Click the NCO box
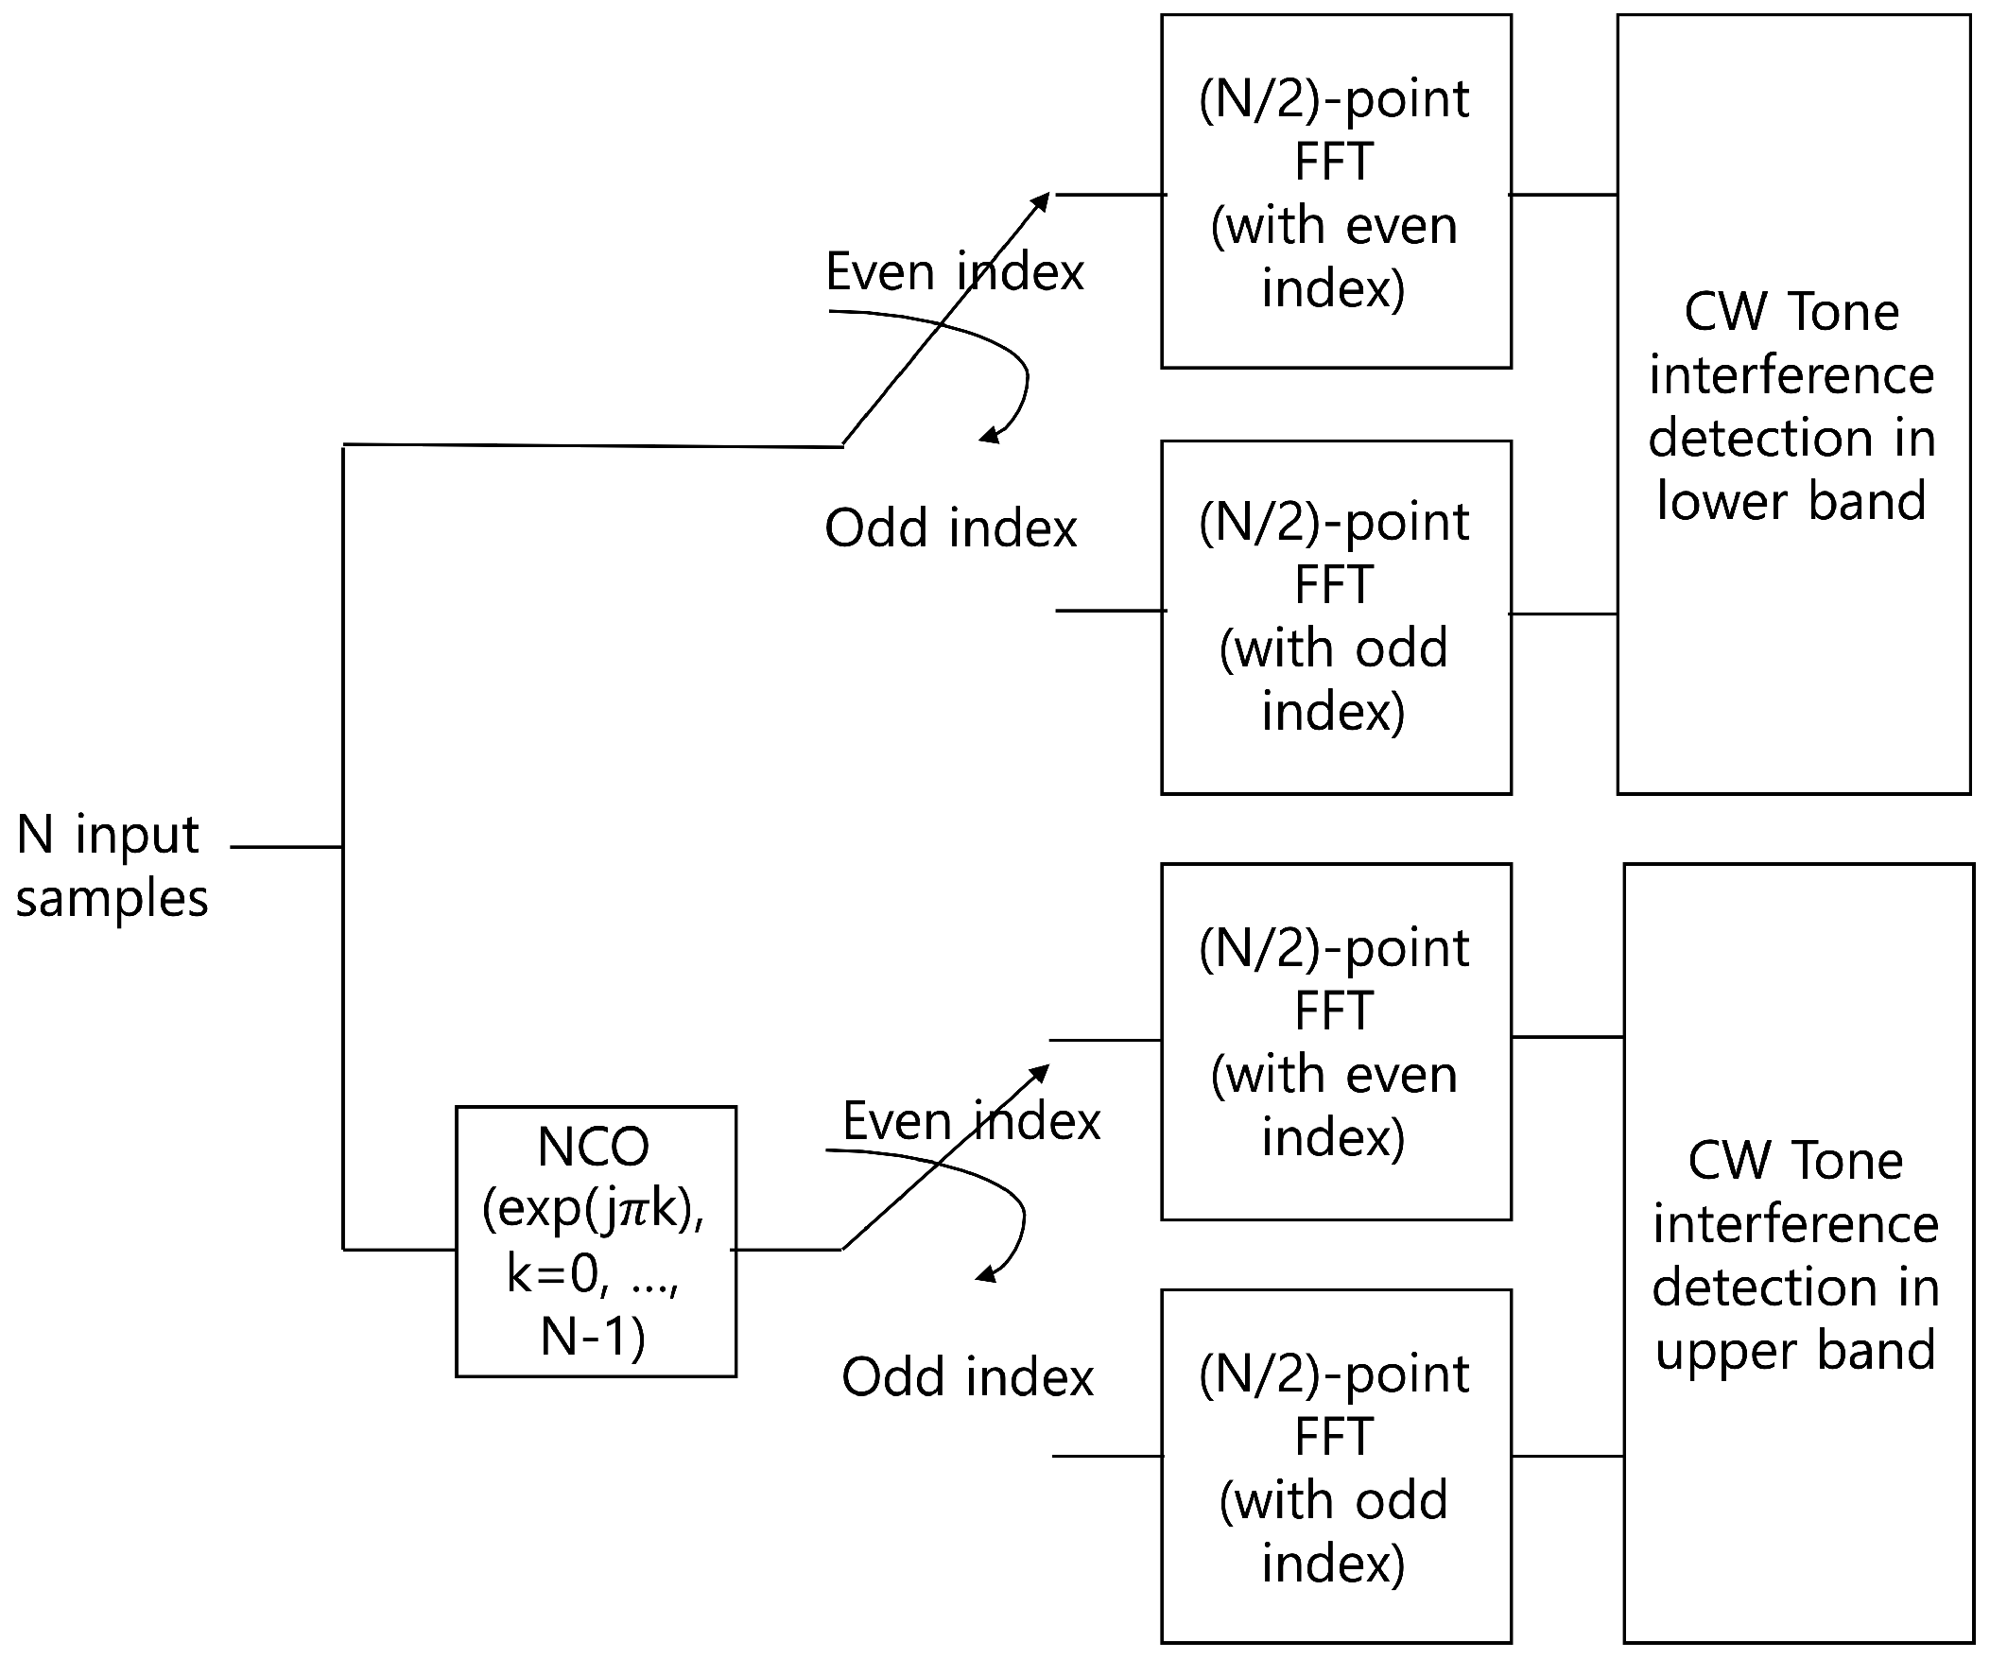click(x=595, y=1240)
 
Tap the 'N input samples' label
click(x=111, y=865)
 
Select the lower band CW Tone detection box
click(x=1792, y=405)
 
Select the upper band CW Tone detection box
click(x=1798, y=1253)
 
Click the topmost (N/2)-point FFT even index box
click(x=1335, y=191)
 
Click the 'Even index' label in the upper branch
click(x=953, y=272)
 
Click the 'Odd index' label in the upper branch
click(x=950, y=527)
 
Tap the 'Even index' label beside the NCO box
click(x=970, y=1121)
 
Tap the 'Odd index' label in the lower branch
click(x=967, y=1376)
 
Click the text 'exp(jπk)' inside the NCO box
click(x=593, y=1209)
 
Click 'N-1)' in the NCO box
click(x=593, y=1337)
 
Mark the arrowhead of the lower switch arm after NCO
click(x=1043, y=1071)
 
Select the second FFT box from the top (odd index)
click(x=1335, y=616)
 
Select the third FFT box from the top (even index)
click(x=1335, y=1042)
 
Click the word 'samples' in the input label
click(x=111, y=898)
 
